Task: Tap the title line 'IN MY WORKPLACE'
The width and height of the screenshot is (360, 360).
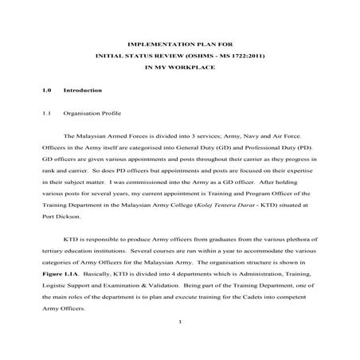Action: coord(180,69)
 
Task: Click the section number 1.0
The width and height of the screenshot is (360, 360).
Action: coord(47,92)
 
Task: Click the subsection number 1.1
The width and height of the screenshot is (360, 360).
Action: coord(47,114)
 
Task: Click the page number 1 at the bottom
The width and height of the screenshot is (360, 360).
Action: coord(181,321)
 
